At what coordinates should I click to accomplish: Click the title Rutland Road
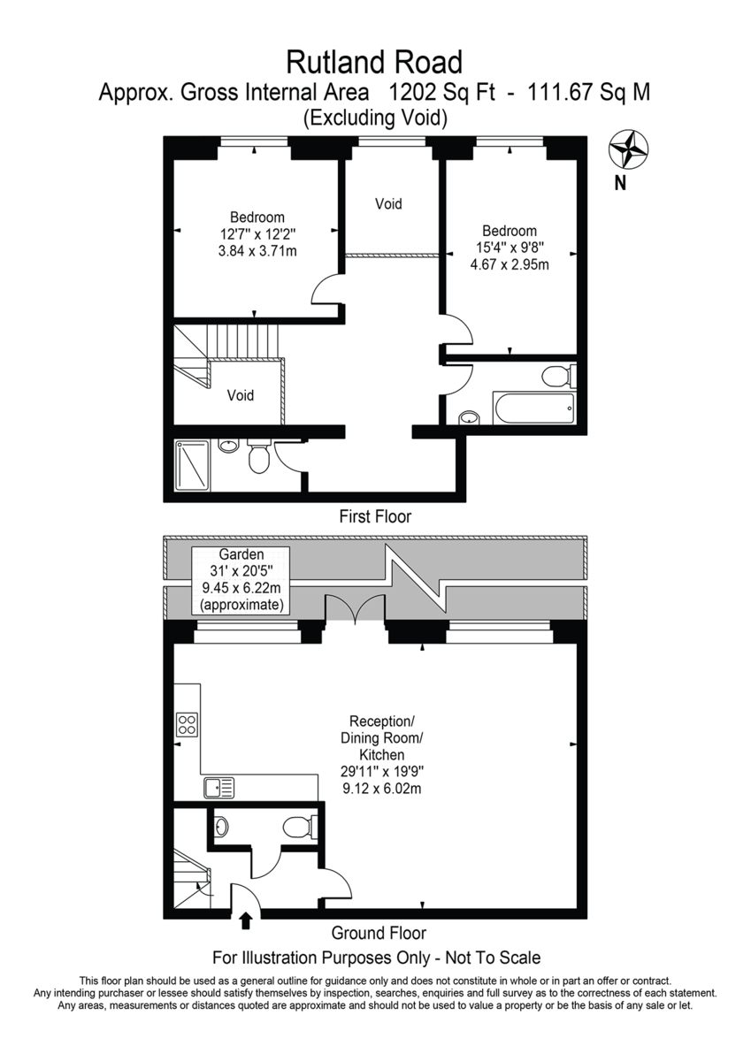(x=374, y=63)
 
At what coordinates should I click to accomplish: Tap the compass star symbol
(x=628, y=149)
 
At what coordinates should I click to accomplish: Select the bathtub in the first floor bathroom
(x=534, y=408)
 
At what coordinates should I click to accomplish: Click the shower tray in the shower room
(x=192, y=466)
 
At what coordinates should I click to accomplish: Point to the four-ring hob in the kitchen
(x=187, y=724)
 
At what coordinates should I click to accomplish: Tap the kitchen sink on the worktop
(x=218, y=788)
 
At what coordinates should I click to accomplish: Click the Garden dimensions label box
(x=241, y=580)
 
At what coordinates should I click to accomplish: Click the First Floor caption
(x=375, y=515)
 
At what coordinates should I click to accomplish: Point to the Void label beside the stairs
(x=241, y=395)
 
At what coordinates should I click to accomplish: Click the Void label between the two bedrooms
(x=388, y=203)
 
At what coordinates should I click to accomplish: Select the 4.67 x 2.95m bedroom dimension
(x=510, y=264)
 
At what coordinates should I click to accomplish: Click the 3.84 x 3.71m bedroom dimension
(x=257, y=250)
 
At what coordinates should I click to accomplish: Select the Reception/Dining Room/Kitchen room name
(x=382, y=737)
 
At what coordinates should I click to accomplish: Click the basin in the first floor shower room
(x=228, y=447)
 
